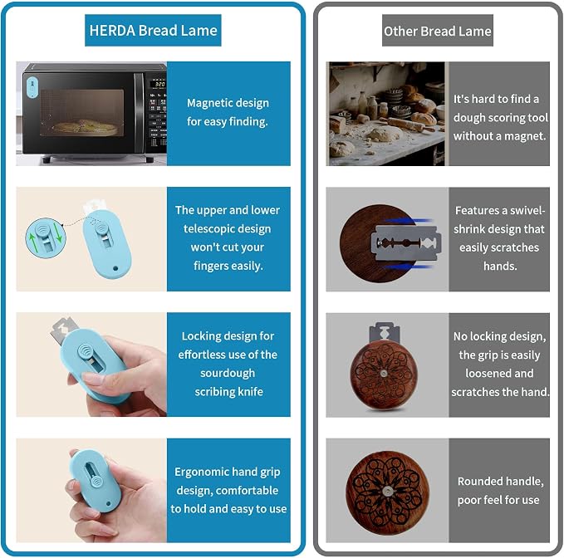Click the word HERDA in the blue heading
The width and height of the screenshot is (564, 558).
point(112,31)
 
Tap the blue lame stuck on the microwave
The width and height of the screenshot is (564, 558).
point(32,86)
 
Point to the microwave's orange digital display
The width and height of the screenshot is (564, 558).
point(159,84)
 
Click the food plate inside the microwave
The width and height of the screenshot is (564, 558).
point(86,128)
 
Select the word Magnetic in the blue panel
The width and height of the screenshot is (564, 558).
point(208,103)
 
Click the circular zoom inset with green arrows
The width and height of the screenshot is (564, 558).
point(46,237)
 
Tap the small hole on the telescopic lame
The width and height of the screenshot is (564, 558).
point(115,268)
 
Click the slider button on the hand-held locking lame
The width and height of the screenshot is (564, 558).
point(84,350)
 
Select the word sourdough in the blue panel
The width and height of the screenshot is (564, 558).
point(228,373)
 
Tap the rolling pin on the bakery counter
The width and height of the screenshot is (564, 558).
point(403,124)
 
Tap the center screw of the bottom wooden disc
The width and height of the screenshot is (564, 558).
point(387,491)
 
